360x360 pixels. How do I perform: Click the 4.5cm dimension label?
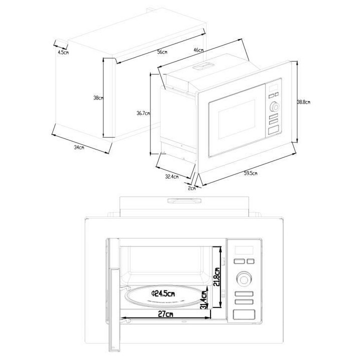(63, 52)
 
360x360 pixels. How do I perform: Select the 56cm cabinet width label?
(161, 52)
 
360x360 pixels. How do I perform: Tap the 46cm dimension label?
(198, 50)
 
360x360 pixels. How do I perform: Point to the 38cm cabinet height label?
(98, 98)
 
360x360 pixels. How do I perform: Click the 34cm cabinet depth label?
(78, 147)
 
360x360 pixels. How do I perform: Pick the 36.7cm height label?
(143, 113)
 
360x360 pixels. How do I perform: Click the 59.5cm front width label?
(250, 173)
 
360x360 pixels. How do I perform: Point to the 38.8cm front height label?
(303, 102)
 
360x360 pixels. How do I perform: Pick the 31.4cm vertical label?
(204, 299)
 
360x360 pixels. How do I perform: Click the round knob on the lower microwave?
(243, 277)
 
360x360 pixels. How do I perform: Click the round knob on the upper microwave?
(274, 106)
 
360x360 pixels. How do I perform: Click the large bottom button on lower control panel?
(243, 314)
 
